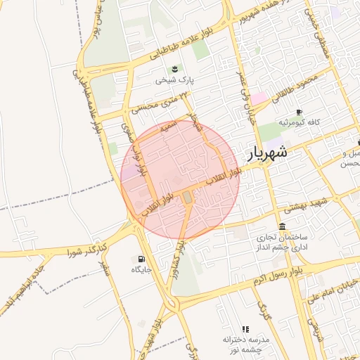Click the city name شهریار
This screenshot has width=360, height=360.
click(268, 153)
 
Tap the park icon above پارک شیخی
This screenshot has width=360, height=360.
click(174, 68)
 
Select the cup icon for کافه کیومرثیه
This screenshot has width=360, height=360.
click(299, 112)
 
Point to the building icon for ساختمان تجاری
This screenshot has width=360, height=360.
click(282, 226)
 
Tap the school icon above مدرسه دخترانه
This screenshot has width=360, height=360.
click(245, 328)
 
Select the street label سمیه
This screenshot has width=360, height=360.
click(167, 127)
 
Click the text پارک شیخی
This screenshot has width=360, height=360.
click(174, 81)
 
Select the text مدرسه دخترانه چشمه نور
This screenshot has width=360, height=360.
click(246, 345)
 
